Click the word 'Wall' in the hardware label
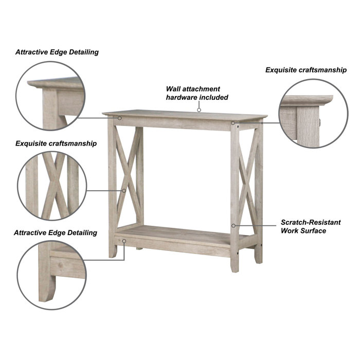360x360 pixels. (x=174, y=89)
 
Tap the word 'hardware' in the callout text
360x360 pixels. (x=181, y=97)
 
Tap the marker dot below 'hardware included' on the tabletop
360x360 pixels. (x=199, y=110)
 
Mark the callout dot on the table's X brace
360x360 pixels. (x=123, y=190)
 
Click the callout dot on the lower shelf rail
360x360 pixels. (x=124, y=240)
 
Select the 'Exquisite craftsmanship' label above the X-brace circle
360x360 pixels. (x=56, y=143)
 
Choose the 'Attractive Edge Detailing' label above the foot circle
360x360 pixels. (x=56, y=232)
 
